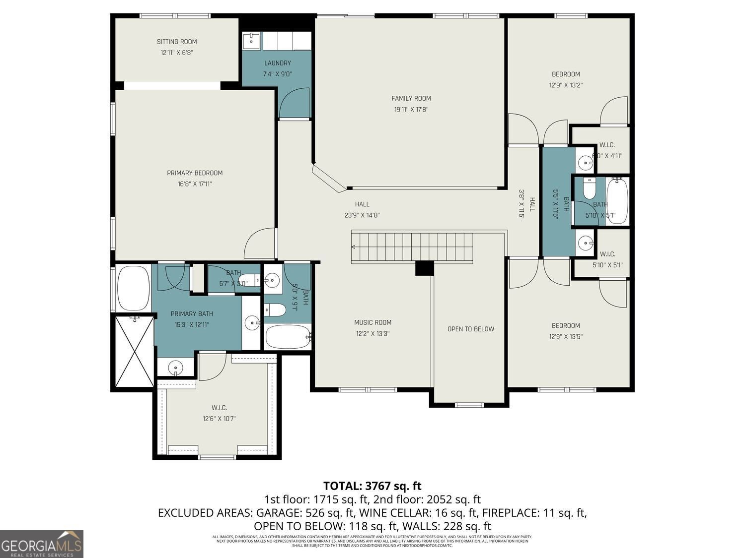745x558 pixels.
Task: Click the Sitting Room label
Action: [177, 42]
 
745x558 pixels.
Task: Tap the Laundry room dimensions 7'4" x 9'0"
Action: [277, 74]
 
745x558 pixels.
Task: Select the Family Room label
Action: [411, 98]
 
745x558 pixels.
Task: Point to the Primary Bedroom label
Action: [195, 173]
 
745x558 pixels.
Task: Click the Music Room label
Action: [372, 322]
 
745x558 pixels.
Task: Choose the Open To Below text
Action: [470, 329]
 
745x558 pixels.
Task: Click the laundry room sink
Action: [252, 41]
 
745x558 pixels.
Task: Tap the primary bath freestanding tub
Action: [133, 288]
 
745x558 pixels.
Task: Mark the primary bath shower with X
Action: [135, 352]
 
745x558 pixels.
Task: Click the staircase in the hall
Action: [412, 247]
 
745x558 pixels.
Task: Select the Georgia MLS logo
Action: [42, 544]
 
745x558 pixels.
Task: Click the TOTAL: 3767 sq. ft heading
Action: [372, 486]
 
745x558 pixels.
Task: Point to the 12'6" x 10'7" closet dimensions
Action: [219, 418]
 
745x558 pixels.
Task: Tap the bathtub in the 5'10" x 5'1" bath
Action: [617, 201]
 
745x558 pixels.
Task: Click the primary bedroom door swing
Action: [260, 243]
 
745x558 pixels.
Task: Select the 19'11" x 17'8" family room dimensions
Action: [411, 109]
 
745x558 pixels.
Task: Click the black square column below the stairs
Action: [424, 268]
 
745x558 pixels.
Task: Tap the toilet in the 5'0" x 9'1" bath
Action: [275, 310]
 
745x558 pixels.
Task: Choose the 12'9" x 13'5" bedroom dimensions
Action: [566, 336]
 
